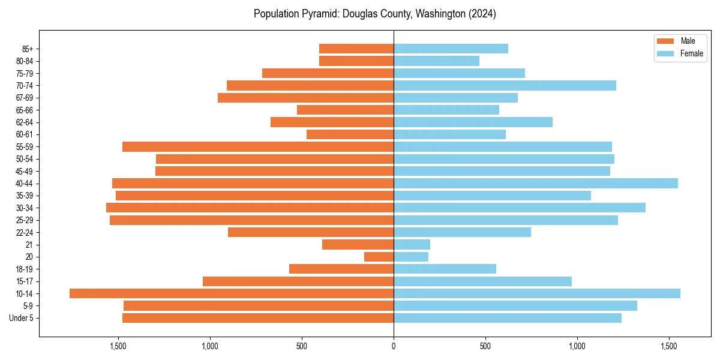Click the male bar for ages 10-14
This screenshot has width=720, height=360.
click(x=232, y=293)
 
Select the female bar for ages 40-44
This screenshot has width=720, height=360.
click(x=536, y=184)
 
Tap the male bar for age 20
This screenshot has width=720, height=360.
click(x=379, y=257)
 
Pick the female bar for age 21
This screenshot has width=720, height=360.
click(x=412, y=245)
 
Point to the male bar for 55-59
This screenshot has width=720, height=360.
click(x=258, y=147)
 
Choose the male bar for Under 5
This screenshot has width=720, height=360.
click(x=258, y=318)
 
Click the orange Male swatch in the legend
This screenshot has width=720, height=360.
click(x=665, y=41)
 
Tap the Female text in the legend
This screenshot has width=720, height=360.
click(x=692, y=53)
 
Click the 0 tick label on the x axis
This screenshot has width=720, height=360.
click(x=394, y=346)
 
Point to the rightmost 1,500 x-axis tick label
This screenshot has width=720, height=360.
click(x=669, y=346)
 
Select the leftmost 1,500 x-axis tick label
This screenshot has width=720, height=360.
click(x=118, y=346)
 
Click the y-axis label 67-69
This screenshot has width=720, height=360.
click(x=25, y=98)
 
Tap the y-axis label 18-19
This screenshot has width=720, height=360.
click(x=25, y=269)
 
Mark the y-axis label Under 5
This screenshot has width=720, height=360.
click(x=22, y=318)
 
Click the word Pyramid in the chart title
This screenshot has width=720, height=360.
click(x=320, y=14)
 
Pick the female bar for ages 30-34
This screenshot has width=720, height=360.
click(x=520, y=208)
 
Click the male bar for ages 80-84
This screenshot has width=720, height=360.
click(x=356, y=61)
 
